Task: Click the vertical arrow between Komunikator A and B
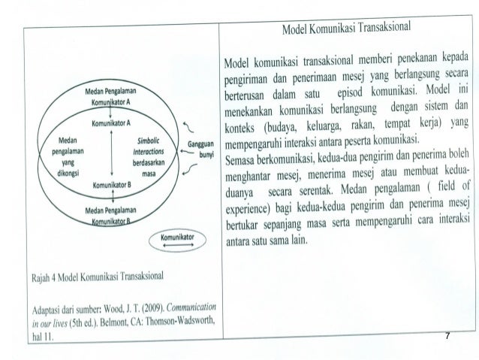coord(111,150)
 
